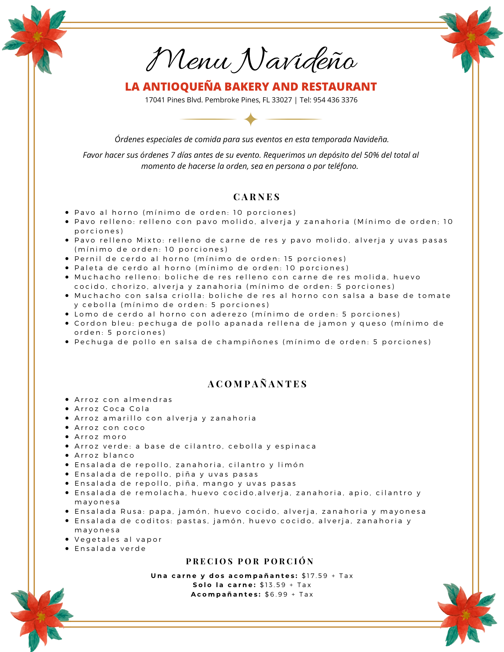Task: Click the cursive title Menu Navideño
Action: pyautogui.click(x=251, y=60)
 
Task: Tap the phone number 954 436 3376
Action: pyautogui.click(x=335, y=100)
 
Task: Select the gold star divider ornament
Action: pyautogui.click(x=251, y=119)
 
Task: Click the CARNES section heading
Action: pyautogui.click(x=257, y=197)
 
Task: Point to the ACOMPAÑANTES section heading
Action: pyautogui.click(x=258, y=384)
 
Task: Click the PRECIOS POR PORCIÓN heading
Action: pyautogui.click(x=250, y=561)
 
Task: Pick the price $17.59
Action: pyautogui.click(x=315, y=576)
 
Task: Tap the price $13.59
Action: pyautogui.click(x=273, y=585)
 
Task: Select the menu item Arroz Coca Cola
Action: pyautogui.click(x=112, y=409)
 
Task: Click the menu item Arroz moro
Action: pyautogui.click(x=100, y=437)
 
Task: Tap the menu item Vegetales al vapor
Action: pyautogui.click(x=118, y=540)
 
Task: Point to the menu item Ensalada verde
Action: pyautogui.click(x=110, y=549)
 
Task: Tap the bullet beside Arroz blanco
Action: pyautogui.click(x=67, y=455)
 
